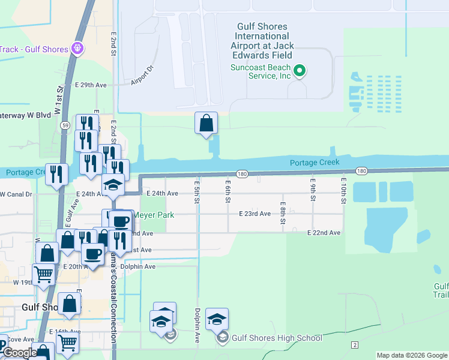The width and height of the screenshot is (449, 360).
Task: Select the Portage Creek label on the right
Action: pos(315,163)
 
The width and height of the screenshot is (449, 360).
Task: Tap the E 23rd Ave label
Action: pos(255,214)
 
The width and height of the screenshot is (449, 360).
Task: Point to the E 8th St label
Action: pos(283,213)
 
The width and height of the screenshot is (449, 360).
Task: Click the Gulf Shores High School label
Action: pos(277,338)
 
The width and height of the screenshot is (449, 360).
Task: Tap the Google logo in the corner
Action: pos(19,353)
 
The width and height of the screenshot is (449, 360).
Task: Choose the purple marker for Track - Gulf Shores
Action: pos(77,48)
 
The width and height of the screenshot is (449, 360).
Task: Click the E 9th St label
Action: pos(313,189)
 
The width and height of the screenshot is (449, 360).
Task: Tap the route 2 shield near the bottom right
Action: pos(355,344)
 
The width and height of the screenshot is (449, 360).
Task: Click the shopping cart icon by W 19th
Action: pos(43,274)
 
